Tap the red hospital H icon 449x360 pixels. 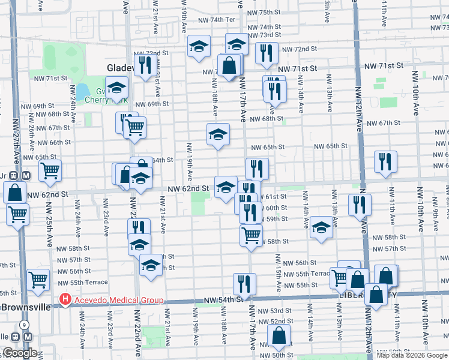(x=64, y=299)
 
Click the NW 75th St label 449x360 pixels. (x=266, y=13)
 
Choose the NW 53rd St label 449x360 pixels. (x=280, y=311)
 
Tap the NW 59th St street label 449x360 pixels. (x=277, y=219)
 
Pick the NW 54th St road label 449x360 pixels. (x=223, y=299)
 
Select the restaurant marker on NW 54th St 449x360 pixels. (x=244, y=283)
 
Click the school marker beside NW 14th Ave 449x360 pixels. (x=321, y=227)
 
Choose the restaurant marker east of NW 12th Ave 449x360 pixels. (x=385, y=161)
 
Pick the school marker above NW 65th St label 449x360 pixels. (x=218, y=134)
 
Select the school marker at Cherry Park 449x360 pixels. (x=116, y=88)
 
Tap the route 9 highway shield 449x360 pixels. (x=23, y=325)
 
